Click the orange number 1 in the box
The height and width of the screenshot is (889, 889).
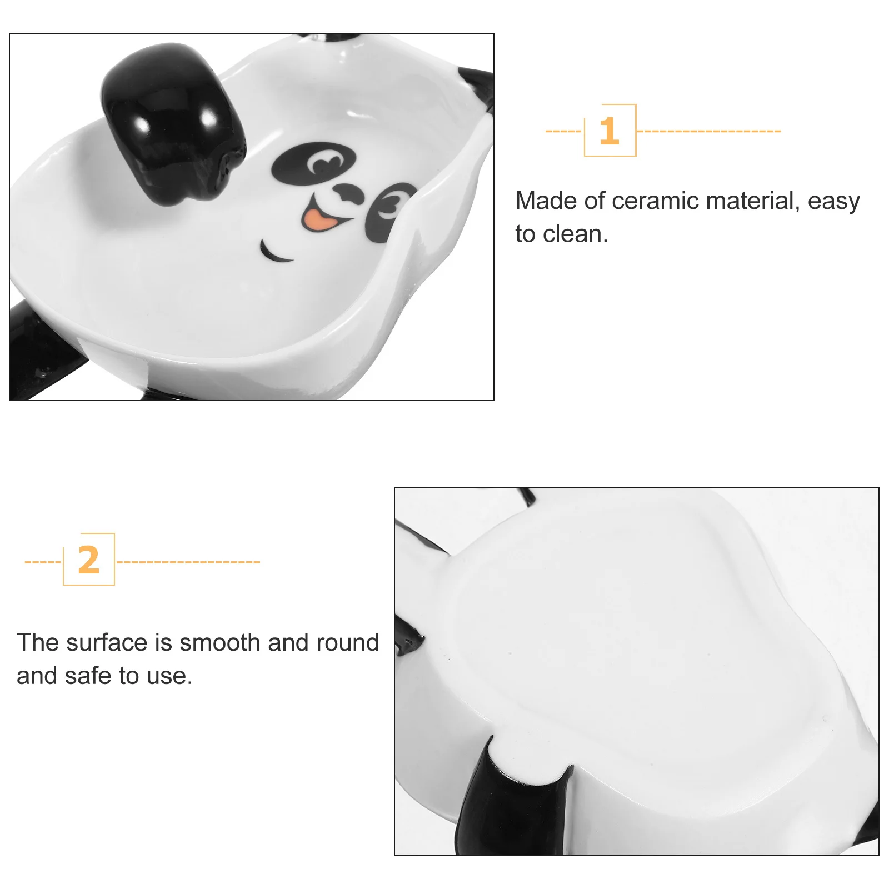click(x=609, y=131)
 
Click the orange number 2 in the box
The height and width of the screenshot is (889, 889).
click(x=88, y=560)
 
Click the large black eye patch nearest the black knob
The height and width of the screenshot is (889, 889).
click(x=312, y=163)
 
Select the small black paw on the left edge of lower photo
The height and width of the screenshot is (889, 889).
click(x=407, y=636)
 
